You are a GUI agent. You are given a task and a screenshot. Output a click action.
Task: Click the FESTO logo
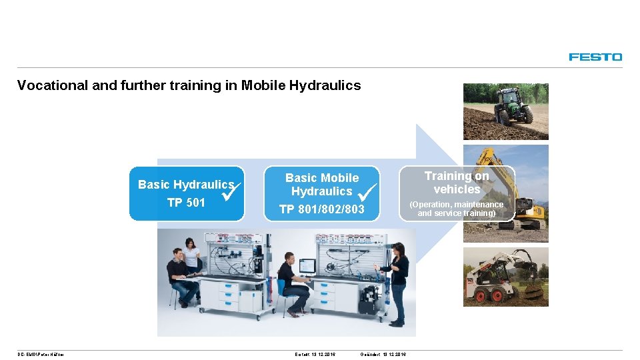[595, 57]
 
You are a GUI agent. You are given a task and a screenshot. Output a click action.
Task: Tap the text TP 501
[186, 203]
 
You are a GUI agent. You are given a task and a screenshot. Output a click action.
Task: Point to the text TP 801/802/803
[321, 209]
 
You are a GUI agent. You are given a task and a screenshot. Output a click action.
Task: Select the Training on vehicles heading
[457, 183]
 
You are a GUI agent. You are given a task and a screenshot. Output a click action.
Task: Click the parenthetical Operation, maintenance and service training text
[457, 209]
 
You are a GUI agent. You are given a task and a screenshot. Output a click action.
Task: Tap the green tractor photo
[505, 111]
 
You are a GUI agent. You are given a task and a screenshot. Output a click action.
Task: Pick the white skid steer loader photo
[505, 277]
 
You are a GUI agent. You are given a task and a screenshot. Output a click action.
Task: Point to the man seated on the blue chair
[291, 283]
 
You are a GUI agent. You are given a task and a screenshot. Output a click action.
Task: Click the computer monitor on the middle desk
[307, 266]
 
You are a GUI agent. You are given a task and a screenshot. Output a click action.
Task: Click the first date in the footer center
[315, 354]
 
